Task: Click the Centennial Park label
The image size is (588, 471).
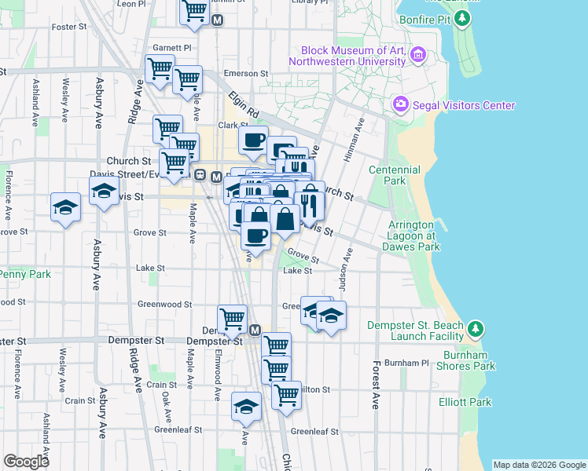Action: click(395, 175)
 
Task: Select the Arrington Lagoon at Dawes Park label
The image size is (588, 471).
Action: click(411, 235)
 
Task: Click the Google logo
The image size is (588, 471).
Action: click(26, 462)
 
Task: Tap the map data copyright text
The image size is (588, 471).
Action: click(538, 465)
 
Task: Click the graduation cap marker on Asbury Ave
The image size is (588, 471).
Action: click(104, 192)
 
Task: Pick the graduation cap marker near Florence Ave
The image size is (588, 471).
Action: click(65, 206)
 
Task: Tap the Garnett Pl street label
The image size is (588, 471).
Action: click(172, 48)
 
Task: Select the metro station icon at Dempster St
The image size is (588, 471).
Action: click(255, 330)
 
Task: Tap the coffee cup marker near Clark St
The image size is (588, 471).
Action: click(253, 141)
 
